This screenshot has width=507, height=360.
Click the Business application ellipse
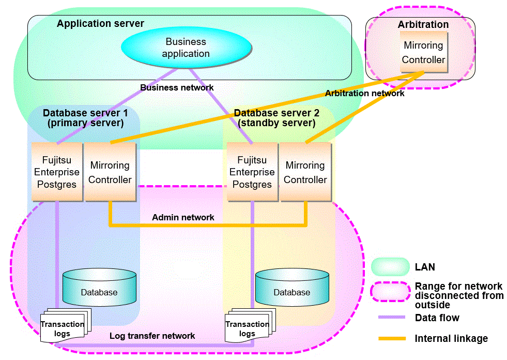point(186,48)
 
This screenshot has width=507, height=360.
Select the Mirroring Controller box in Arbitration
point(423,52)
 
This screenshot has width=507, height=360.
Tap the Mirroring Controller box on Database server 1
point(110,172)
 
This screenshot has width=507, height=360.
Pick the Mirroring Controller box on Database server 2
point(305,172)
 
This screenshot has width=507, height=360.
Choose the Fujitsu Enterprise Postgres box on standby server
point(252,172)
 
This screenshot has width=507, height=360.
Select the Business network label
point(177,87)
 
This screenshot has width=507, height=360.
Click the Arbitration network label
point(364,93)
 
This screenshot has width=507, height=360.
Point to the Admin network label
point(183,217)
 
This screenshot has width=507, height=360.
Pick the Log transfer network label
point(152,336)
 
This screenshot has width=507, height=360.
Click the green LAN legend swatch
point(390,267)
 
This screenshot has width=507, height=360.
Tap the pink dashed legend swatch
point(390,292)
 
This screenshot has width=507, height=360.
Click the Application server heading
point(100,23)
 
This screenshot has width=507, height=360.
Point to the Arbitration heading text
point(423,24)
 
